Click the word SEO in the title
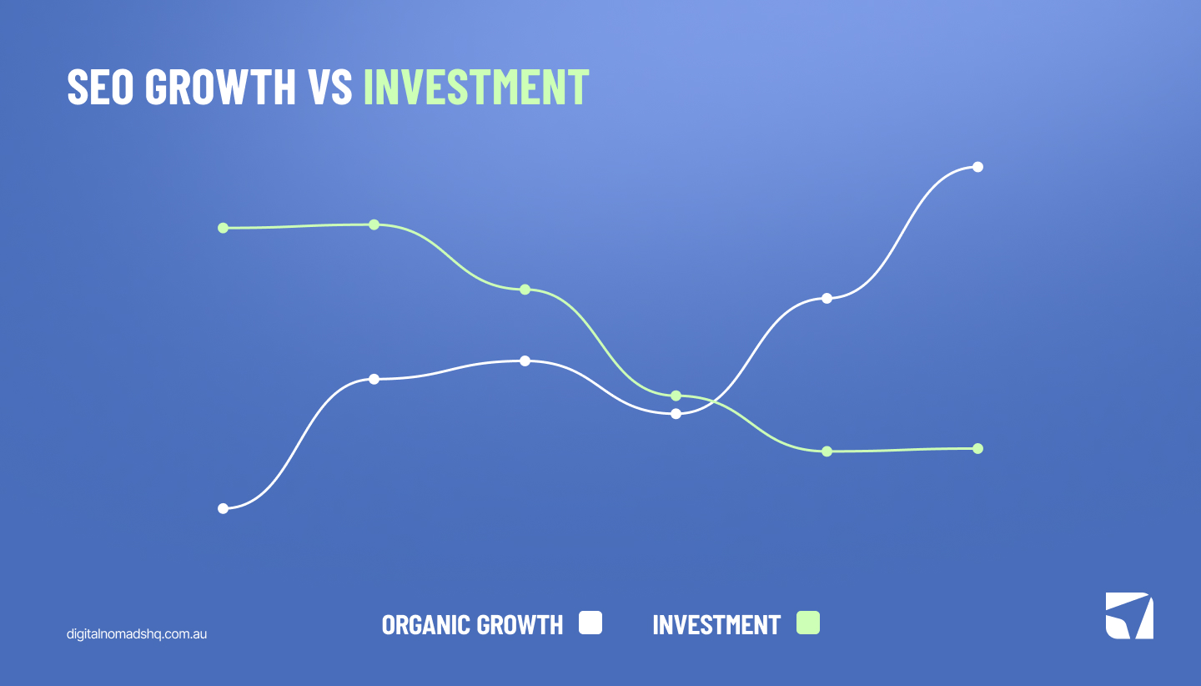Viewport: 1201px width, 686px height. coord(100,86)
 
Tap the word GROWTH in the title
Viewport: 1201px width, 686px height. coord(221,86)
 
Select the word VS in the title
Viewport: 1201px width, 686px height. coord(330,86)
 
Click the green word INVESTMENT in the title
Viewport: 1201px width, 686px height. coord(476,86)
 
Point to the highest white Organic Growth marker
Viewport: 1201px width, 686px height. coord(977,167)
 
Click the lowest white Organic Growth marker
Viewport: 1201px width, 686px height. coord(223,508)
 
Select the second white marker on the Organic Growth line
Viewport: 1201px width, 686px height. coord(374,379)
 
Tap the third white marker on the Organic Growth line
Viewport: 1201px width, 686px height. coord(525,361)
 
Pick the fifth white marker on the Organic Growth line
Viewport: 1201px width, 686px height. coord(827,298)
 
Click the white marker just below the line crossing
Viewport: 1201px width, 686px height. coord(676,413)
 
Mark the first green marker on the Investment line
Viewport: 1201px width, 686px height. coord(223,228)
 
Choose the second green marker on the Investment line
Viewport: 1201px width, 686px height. coord(374,224)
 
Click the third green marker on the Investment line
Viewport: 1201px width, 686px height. coord(525,290)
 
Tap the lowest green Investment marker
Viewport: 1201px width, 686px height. coord(827,451)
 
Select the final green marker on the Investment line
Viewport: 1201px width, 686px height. coord(977,448)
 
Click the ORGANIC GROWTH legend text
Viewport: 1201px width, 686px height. coord(472,624)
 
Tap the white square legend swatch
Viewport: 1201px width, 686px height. coord(590,623)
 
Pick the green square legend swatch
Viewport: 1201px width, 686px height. coord(807,623)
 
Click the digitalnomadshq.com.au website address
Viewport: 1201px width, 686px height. coord(137,633)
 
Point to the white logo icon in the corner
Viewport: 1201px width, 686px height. coord(1129,616)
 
